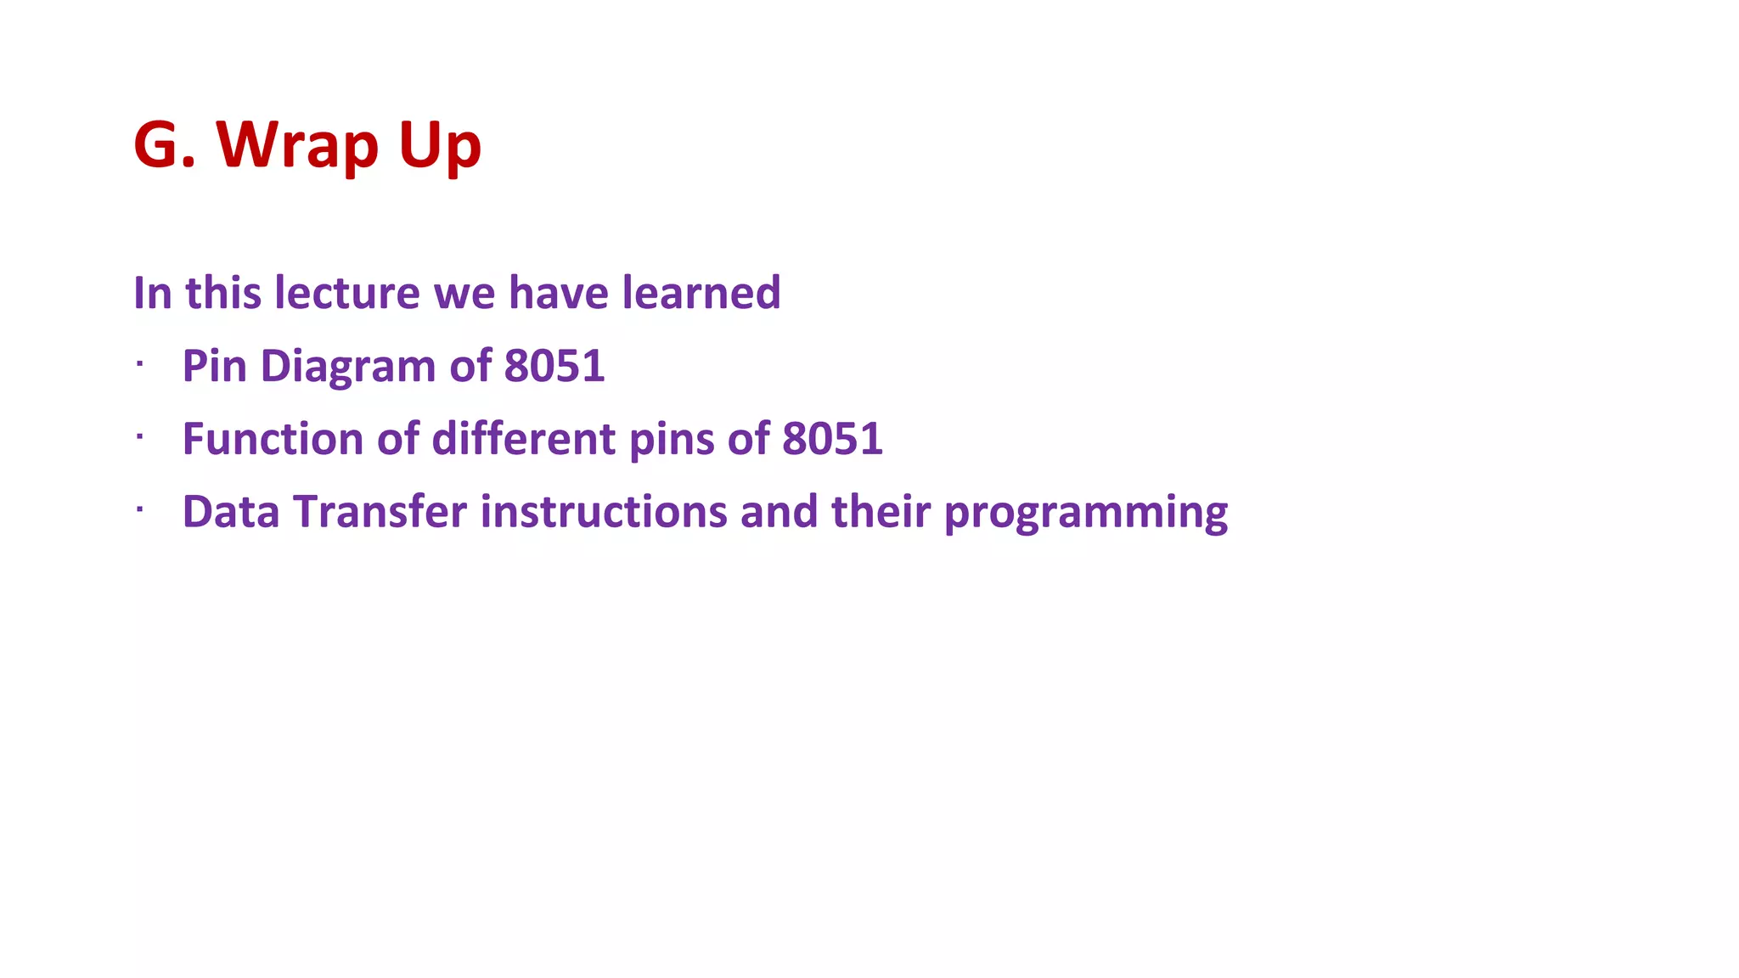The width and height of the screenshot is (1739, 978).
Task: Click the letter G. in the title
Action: [165, 145]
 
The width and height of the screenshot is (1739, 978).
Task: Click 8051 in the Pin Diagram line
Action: [554, 367]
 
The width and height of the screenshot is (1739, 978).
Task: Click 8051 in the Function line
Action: [832, 440]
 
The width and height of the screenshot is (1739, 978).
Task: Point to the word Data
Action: [230, 513]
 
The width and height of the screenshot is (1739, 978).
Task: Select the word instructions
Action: [603, 513]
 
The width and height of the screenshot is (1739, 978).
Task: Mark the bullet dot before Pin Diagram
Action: [139, 364]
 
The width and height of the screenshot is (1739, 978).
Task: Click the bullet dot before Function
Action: [139, 437]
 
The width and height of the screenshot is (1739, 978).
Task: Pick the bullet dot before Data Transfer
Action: [139, 510]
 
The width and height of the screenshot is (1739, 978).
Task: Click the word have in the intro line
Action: [558, 293]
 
